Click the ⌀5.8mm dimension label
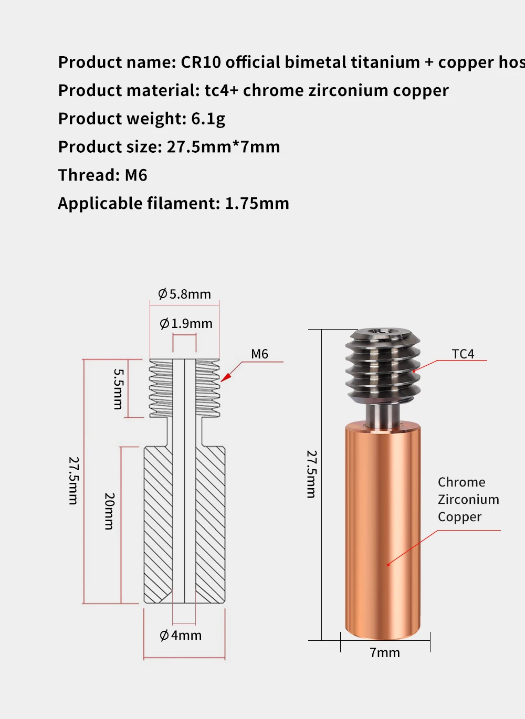point(184,294)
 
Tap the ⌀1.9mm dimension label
point(186,323)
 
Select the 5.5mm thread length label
point(119,389)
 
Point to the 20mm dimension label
point(109,511)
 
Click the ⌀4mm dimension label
point(181,635)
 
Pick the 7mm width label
point(385,652)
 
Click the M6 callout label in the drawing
point(259,354)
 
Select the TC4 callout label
point(463,354)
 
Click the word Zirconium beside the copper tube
point(468,499)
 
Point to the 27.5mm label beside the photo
point(311,473)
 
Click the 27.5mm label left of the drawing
point(73,480)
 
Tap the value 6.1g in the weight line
point(208,119)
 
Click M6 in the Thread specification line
point(136,175)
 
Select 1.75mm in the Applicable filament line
point(257,203)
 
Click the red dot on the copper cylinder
point(388,565)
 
